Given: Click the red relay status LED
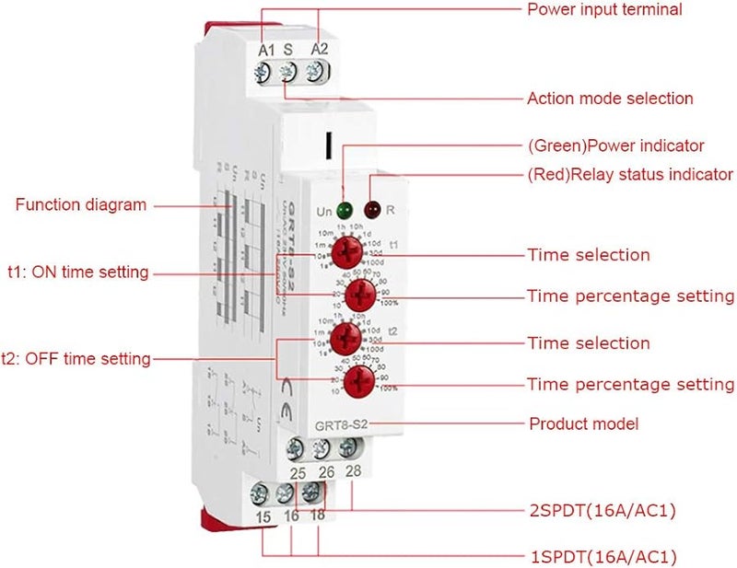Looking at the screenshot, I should coord(374,209).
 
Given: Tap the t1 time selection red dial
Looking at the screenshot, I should coord(346,249).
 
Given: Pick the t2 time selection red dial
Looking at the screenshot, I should coord(346,336).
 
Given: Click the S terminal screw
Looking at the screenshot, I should coord(289,71).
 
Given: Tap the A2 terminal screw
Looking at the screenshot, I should coord(317,70).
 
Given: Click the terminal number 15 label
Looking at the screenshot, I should coord(263,519).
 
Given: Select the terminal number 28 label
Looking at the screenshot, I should coord(352,472).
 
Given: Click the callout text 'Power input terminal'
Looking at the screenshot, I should coord(604,10).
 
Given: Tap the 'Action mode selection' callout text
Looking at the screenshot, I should coord(610,98).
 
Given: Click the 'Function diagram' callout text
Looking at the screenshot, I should coord(80,204).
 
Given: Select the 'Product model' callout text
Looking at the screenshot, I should coord(583,423).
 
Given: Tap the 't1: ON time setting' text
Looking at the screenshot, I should coord(77,272).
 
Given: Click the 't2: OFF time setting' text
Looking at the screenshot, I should coord(76,359).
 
